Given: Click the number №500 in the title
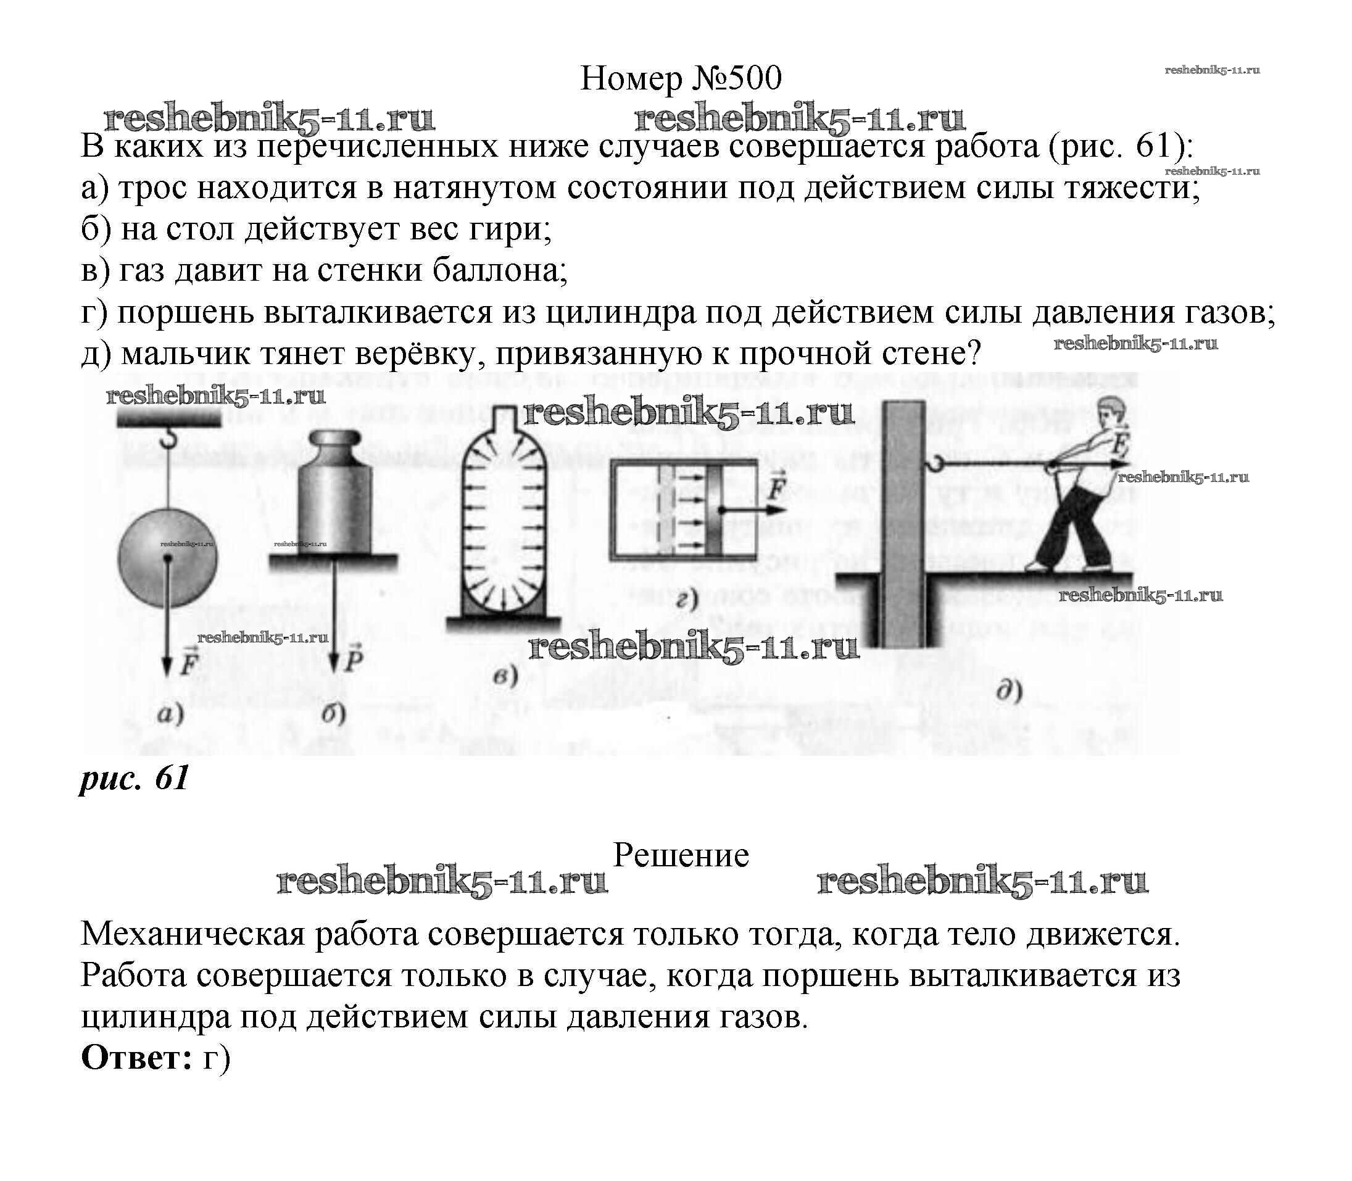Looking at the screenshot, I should tap(736, 78).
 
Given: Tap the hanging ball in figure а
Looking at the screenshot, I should tap(167, 558).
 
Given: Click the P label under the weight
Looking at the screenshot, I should tap(354, 658).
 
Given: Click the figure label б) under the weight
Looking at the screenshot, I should tap(334, 714).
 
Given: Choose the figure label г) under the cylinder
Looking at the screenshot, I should tap(686, 599).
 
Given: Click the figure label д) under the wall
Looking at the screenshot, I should tap(1008, 690).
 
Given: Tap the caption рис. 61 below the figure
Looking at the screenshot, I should tap(135, 779).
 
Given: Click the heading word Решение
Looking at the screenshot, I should tap(681, 855).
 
